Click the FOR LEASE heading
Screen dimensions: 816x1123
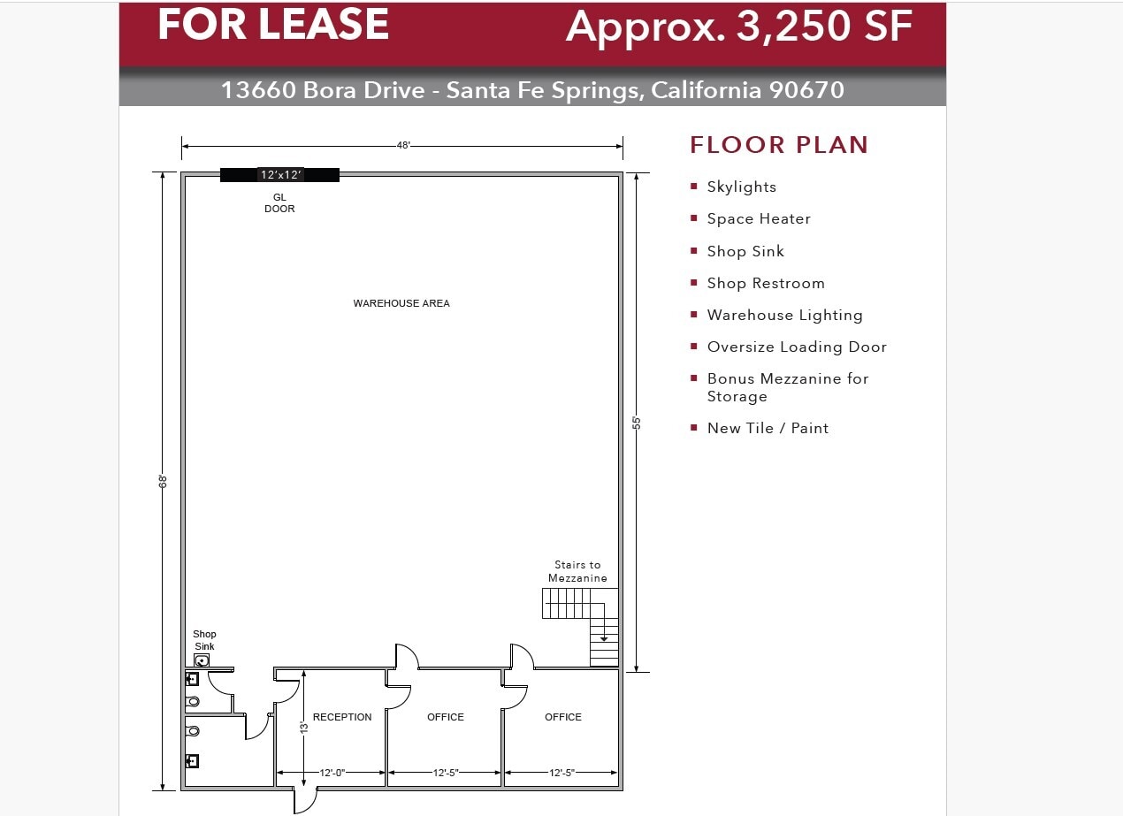[x=273, y=25]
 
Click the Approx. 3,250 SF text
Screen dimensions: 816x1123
[x=739, y=27]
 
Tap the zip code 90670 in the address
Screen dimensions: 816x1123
[x=806, y=90]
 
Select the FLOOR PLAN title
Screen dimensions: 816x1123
[x=779, y=145]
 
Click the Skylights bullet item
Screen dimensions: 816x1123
[x=741, y=187]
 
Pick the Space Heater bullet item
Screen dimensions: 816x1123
[x=758, y=219]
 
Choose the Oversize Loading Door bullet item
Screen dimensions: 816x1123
[x=796, y=347]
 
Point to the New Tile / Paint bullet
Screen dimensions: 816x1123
[x=768, y=429]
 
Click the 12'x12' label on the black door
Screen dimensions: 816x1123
[x=280, y=175]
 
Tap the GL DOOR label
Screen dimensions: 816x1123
[x=279, y=203]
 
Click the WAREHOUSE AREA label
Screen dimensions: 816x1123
[x=401, y=303]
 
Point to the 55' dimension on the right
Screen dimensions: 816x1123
[x=637, y=423]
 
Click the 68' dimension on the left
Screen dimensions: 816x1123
[x=164, y=481]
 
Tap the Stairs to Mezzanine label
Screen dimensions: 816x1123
[x=577, y=571]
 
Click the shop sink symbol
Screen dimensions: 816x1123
[x=202, y=660]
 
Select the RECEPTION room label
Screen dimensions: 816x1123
[x=342, y=717]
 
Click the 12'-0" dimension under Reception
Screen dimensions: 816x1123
[x=332, y=773]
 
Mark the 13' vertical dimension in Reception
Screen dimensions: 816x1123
[x=303, y=727]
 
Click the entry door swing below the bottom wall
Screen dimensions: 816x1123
[x=304, y=800]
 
